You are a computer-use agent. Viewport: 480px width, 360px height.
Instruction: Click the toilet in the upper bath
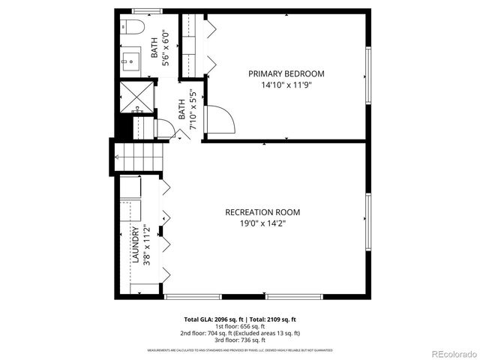point(133,28)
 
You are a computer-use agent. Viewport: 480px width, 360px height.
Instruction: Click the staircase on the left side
point(139,157)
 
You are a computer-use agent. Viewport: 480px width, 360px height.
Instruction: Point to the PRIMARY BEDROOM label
point(286,73)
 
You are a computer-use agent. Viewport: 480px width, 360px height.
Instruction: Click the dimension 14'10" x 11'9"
point(286,85)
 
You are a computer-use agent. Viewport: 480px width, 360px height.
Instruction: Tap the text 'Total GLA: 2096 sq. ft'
point(210,319)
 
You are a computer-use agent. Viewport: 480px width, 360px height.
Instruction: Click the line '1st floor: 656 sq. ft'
point(239,325)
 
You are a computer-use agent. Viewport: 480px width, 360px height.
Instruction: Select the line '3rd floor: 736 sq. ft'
point(239,340)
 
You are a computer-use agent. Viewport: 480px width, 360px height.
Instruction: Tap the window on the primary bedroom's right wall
point(367,75)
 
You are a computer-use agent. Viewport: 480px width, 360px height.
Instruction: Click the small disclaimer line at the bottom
point(239,349)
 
